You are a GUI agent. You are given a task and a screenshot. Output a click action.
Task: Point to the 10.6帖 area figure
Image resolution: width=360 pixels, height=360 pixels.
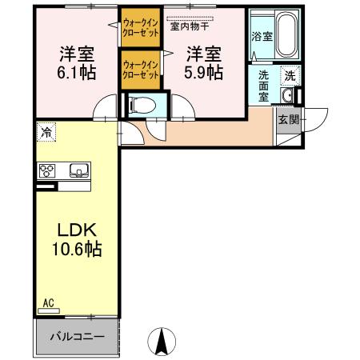point(72,250)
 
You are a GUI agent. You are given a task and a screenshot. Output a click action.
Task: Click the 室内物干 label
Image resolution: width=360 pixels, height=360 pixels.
point(188,26)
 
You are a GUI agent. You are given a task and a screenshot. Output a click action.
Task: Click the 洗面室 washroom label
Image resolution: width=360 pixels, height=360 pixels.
point(263,83)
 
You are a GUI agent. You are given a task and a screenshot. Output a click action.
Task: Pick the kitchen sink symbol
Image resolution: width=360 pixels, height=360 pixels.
point(78,170)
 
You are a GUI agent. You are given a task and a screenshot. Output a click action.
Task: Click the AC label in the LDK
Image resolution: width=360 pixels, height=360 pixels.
point(48,303)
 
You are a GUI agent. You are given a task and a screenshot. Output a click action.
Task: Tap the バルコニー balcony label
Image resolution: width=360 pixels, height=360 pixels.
point(78,337)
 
